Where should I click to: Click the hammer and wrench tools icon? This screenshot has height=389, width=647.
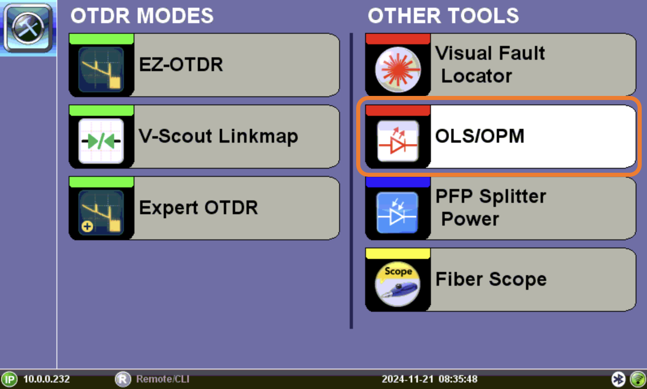pyautogui.click(x=28, y=28)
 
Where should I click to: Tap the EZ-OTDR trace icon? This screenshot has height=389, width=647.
pyautogui.click(x=101, y=70)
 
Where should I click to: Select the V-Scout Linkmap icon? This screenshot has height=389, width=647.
pyautogui.click(x=101, y=141)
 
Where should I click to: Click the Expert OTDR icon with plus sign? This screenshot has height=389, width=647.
pyautogui.click(x=101, y=213)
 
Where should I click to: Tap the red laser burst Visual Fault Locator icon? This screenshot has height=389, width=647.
pyautogui.click(x=398, y=70)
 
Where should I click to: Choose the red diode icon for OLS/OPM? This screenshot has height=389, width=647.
pyautogui.click(x=398, y=141)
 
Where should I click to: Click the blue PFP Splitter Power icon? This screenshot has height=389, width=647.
pyautogui.click(x=398, y=213)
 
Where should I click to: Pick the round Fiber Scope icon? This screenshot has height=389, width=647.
pyautogui.click(x=398, y=284)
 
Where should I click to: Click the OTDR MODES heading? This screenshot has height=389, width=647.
pyautogui.click(x=142, y=15)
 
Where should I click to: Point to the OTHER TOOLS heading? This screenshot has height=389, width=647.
pyautogui.click(x=443, y=15)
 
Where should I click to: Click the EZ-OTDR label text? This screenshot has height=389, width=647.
pyautogui.click(x=181, y=65)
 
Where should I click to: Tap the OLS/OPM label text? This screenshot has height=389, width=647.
pyautogui.click(x=480, y=136)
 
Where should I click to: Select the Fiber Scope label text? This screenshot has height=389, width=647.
pyautogui.click(x=491, y=279)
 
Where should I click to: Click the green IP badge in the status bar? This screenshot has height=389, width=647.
pyautogui.click(x=9, y=379)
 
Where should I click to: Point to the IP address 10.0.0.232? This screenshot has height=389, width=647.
pyautogui.click(x=46, y=379)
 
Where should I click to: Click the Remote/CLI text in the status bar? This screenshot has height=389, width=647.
pyautogui.click(x=162, y=379)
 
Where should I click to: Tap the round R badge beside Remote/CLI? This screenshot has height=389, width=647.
pyautogui.click(x=123, y=379)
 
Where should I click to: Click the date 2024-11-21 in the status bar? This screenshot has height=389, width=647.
pyautogui.click(x=407, y=379)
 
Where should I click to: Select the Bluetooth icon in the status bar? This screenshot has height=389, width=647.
pyautogui.click(x=619, y=379)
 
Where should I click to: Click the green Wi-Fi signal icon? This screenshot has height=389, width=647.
pyautogui.click(x=638, y=379)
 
